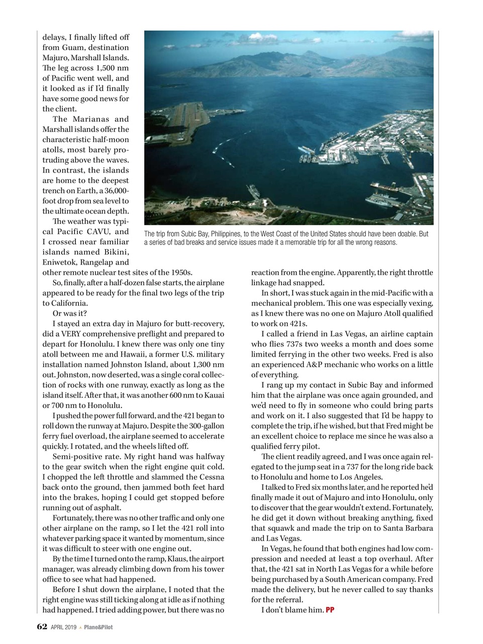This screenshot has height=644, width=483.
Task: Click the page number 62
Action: (42, 626)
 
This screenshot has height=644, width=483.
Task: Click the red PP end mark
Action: (330, 610)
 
